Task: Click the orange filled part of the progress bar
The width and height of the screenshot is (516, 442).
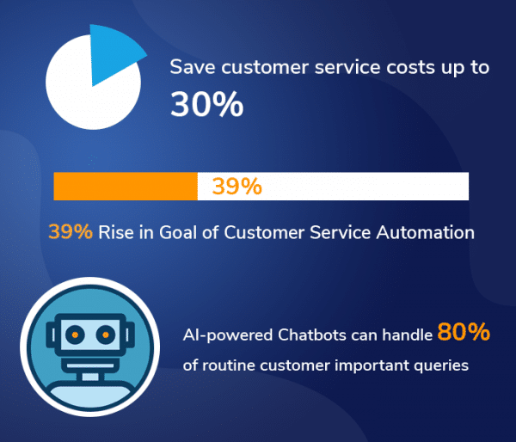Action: coord(126,186)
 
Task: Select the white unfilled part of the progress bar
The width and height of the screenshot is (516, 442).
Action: coord(370,186)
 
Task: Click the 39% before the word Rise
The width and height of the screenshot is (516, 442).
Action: coord(71,231)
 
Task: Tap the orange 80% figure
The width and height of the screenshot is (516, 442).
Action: coord(464,332)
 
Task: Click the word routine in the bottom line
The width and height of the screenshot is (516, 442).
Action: coord(229,365)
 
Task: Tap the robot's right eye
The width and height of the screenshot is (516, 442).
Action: coord(107,332)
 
